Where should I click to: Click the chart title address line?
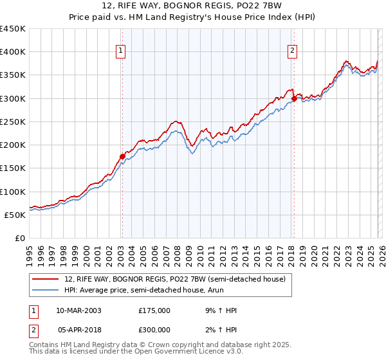pyautogui.click(x=193, y=6)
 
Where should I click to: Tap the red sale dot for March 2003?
pyautogui.click(x=122, y=156)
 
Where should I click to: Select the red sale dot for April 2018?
pyautogui.click(x=294, y=98)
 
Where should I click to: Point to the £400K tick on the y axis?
pyautogui.click(x=13, y=52)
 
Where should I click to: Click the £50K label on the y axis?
pyautogui.click(x=15, y=215)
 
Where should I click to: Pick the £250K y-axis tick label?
pyautogui.click(x=13, y=122)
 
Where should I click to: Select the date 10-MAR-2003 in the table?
pyautogui.click(x=78, y=310)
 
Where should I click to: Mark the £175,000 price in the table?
pyautogui.click(x=154, y=310)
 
